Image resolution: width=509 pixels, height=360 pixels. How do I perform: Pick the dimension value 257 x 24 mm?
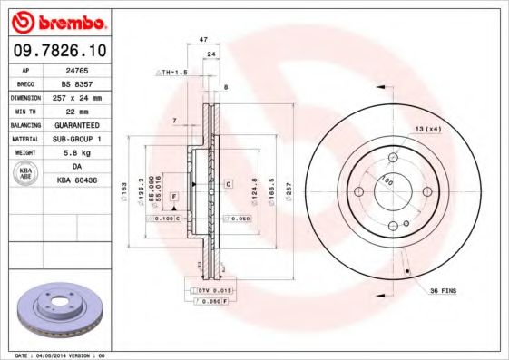click(87, 96)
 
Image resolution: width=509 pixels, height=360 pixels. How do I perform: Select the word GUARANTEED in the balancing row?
click(87, 123)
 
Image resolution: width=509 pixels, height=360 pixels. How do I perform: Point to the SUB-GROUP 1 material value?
click(87, 138)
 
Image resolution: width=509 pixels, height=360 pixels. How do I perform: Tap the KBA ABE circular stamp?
click(26, 173)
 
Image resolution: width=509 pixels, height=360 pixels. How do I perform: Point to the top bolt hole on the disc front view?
click(393, 158)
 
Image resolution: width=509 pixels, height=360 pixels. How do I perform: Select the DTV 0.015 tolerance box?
click(212, 289)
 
